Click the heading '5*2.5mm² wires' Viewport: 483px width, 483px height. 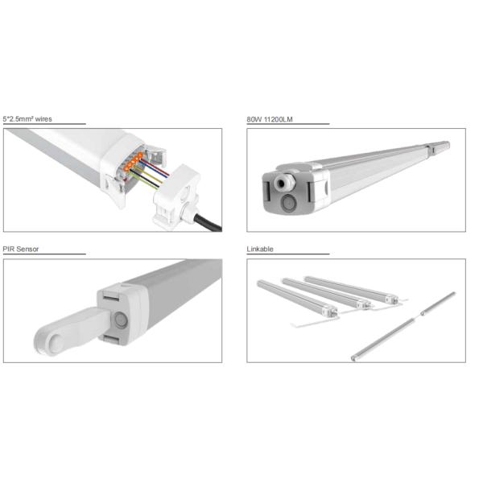[x=27, y=119]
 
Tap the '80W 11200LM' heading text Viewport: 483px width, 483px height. [x=270, y=119]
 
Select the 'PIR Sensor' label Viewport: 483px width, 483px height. [x=21, y=250]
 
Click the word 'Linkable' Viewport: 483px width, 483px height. [x=260, y=250]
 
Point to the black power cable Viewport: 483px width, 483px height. [x=208, y=222]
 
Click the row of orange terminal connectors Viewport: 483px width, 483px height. [x=133, y=161]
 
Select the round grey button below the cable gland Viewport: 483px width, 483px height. [x=289, y=204]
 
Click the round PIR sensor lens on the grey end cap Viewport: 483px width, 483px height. [x=121, y=320]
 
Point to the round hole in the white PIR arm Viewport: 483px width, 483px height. [x=56, y=343]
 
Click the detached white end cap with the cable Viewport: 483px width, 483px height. [x=176, y=196]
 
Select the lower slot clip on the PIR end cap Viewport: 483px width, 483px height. [x=111, y=340]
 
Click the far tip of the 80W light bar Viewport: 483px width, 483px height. [x=448, y=144]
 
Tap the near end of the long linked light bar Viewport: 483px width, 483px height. [x=353, y=358]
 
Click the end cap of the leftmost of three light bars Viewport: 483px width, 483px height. [x=332, y=312]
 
